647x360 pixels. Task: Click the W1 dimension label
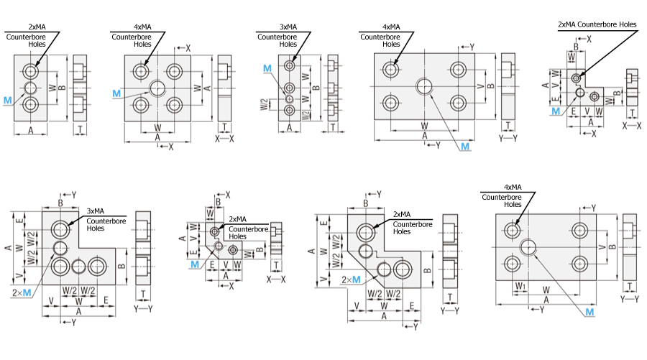pyautogui.click(x=520, y=286)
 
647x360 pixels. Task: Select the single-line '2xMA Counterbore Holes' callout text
pyautogui.click(x=597, y=24)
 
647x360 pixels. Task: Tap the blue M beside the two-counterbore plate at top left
pyautogui.click(x=7, y=100)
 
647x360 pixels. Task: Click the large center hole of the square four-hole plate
pyautogui.click(x=157, y=88)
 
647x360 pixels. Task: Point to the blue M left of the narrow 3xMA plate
pyautogui.click(x=267, y=68)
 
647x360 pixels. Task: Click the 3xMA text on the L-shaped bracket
pyautogui.click(x=96, y=211)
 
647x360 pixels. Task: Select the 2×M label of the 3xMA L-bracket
pyautogui.click(x=22, y=292)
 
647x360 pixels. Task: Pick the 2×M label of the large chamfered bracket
pyautogui.click(x=351, y=280)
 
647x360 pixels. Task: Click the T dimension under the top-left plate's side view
pyautogui.click(x=80, y=129)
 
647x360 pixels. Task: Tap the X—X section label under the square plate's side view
pyautogui.click(x=224, y=139)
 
